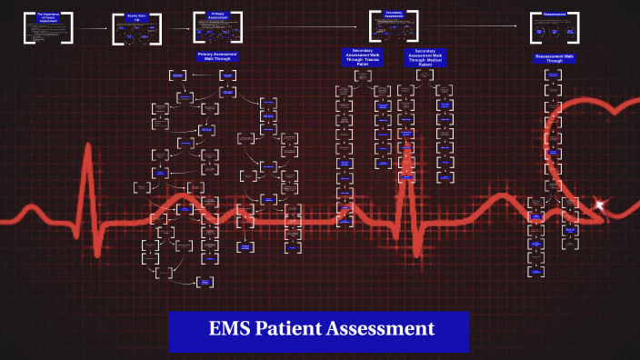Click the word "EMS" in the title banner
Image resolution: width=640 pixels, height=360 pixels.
tap(231, 329)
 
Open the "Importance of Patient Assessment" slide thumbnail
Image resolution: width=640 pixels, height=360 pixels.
tap(50, 27)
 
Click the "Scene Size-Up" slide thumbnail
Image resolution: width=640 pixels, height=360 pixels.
tap(137, 28)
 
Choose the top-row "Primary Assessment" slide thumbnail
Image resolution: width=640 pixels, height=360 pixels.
tap(218, 26)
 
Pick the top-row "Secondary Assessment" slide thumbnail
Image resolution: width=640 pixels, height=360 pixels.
tap(394, 25)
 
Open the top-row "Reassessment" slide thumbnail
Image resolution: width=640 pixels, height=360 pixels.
tap(555, 26)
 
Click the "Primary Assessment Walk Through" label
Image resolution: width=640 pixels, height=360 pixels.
tap(219, 56)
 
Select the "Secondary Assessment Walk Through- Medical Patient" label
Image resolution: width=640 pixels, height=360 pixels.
tap(425, 57)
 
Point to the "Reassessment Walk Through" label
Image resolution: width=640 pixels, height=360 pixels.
tap(555, 58)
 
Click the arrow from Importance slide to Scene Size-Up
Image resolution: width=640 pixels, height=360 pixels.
tap(93, 29)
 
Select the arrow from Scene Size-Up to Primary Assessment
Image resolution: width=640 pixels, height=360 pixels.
tap(177, 28)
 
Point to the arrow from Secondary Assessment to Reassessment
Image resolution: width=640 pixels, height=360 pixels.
tap(474, 26)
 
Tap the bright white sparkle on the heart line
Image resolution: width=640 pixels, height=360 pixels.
tap(600, 205)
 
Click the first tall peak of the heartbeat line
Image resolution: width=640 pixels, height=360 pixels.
tap(89, 150)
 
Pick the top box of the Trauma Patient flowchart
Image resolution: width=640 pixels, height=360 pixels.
tap(363, 75)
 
